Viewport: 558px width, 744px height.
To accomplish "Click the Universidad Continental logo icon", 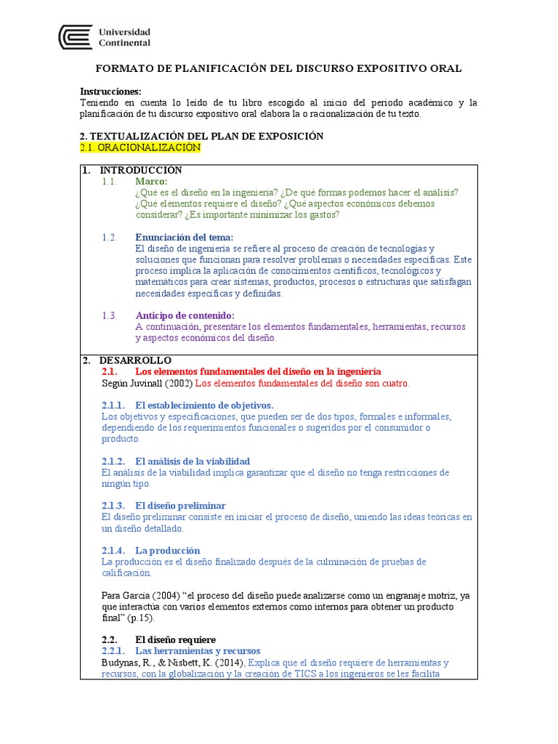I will tap(76, 38).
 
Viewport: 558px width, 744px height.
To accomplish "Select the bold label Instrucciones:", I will tap(110, 92).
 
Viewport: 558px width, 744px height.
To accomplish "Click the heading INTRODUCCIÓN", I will tap(141, 170).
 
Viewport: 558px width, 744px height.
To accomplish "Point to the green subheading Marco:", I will tap(151, 181).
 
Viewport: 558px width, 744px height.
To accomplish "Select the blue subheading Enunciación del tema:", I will tap(185, 237).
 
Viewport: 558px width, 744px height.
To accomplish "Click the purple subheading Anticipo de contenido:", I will tap(185, 315).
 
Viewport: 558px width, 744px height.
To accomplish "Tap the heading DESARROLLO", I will tap(136, 360).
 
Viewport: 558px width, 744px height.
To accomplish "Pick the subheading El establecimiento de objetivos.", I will tap(204, 405).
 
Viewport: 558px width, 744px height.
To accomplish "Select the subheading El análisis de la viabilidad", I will tap(193, 461).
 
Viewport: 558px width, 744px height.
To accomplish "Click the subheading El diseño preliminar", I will tap(180, 505).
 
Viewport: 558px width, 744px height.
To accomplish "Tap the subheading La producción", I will tap(167, 550).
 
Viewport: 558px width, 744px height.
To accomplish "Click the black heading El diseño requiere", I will tap(175, 639).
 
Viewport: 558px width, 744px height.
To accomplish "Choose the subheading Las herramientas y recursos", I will tap(198, 651).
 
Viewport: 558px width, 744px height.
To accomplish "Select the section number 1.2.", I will tap(110, 237).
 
